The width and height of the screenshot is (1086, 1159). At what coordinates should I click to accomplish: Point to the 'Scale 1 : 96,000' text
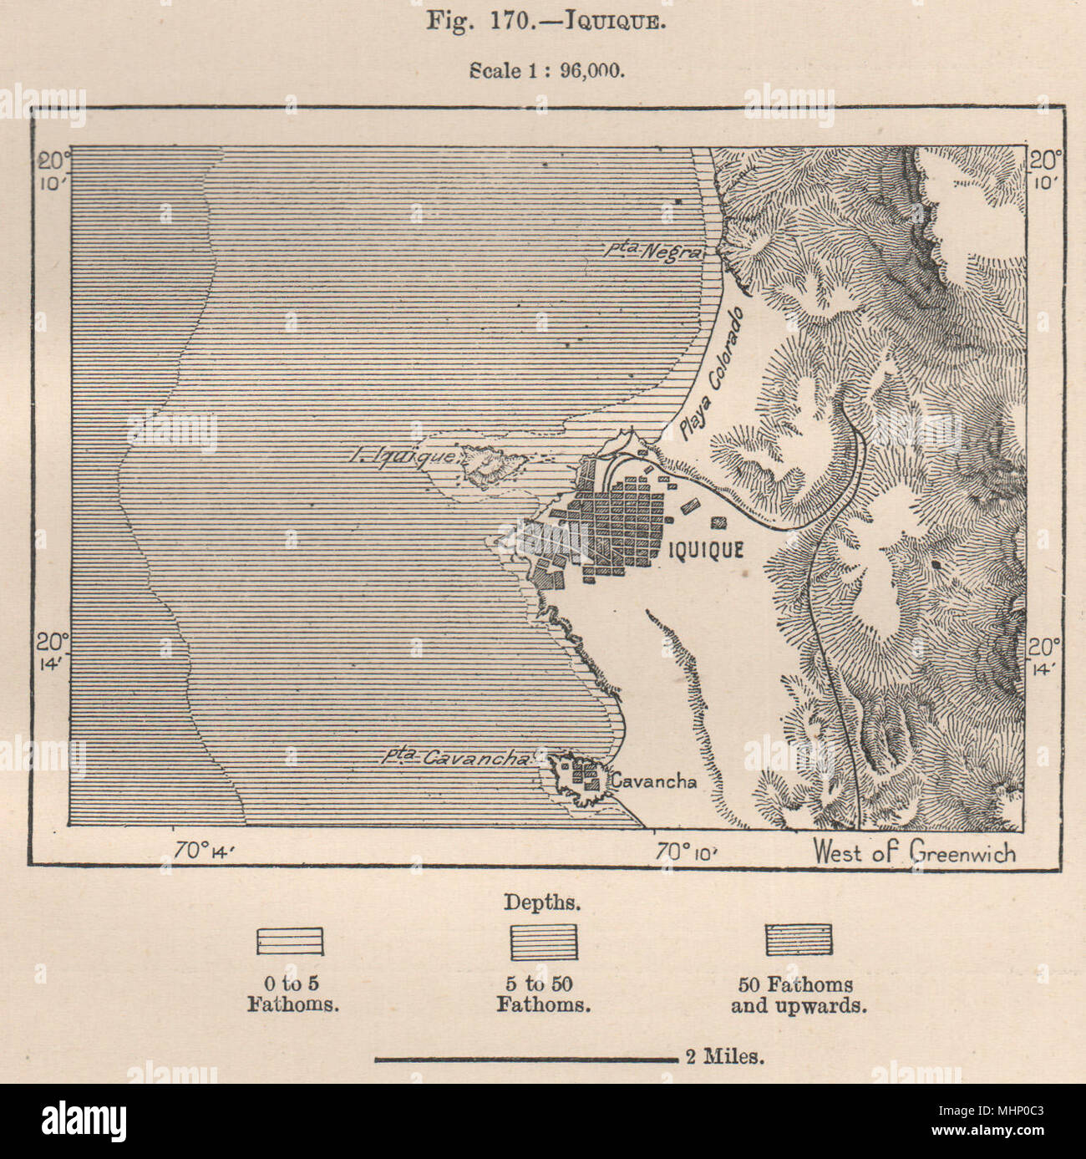click(x=547, y=70)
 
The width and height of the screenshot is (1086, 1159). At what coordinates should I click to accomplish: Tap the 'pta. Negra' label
click(x=653, y=248)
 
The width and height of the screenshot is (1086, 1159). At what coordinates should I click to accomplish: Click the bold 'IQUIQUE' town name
click(x=706, y=549)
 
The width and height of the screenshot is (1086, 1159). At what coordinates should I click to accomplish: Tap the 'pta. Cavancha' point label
click(x=456, y=758)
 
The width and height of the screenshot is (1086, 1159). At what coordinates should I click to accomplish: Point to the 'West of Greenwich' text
click(x=915, y=852)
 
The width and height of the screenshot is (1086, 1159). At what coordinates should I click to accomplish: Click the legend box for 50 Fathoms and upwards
click(x=799, y=939)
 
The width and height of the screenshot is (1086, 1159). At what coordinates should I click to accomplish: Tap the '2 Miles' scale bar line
click(x=526, y=1060)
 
